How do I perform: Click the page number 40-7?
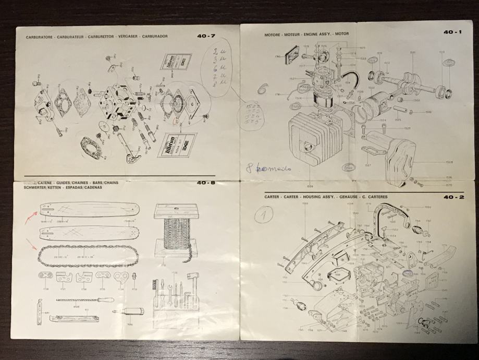tap(205, 37)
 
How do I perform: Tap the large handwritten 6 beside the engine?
tap(262, 90)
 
